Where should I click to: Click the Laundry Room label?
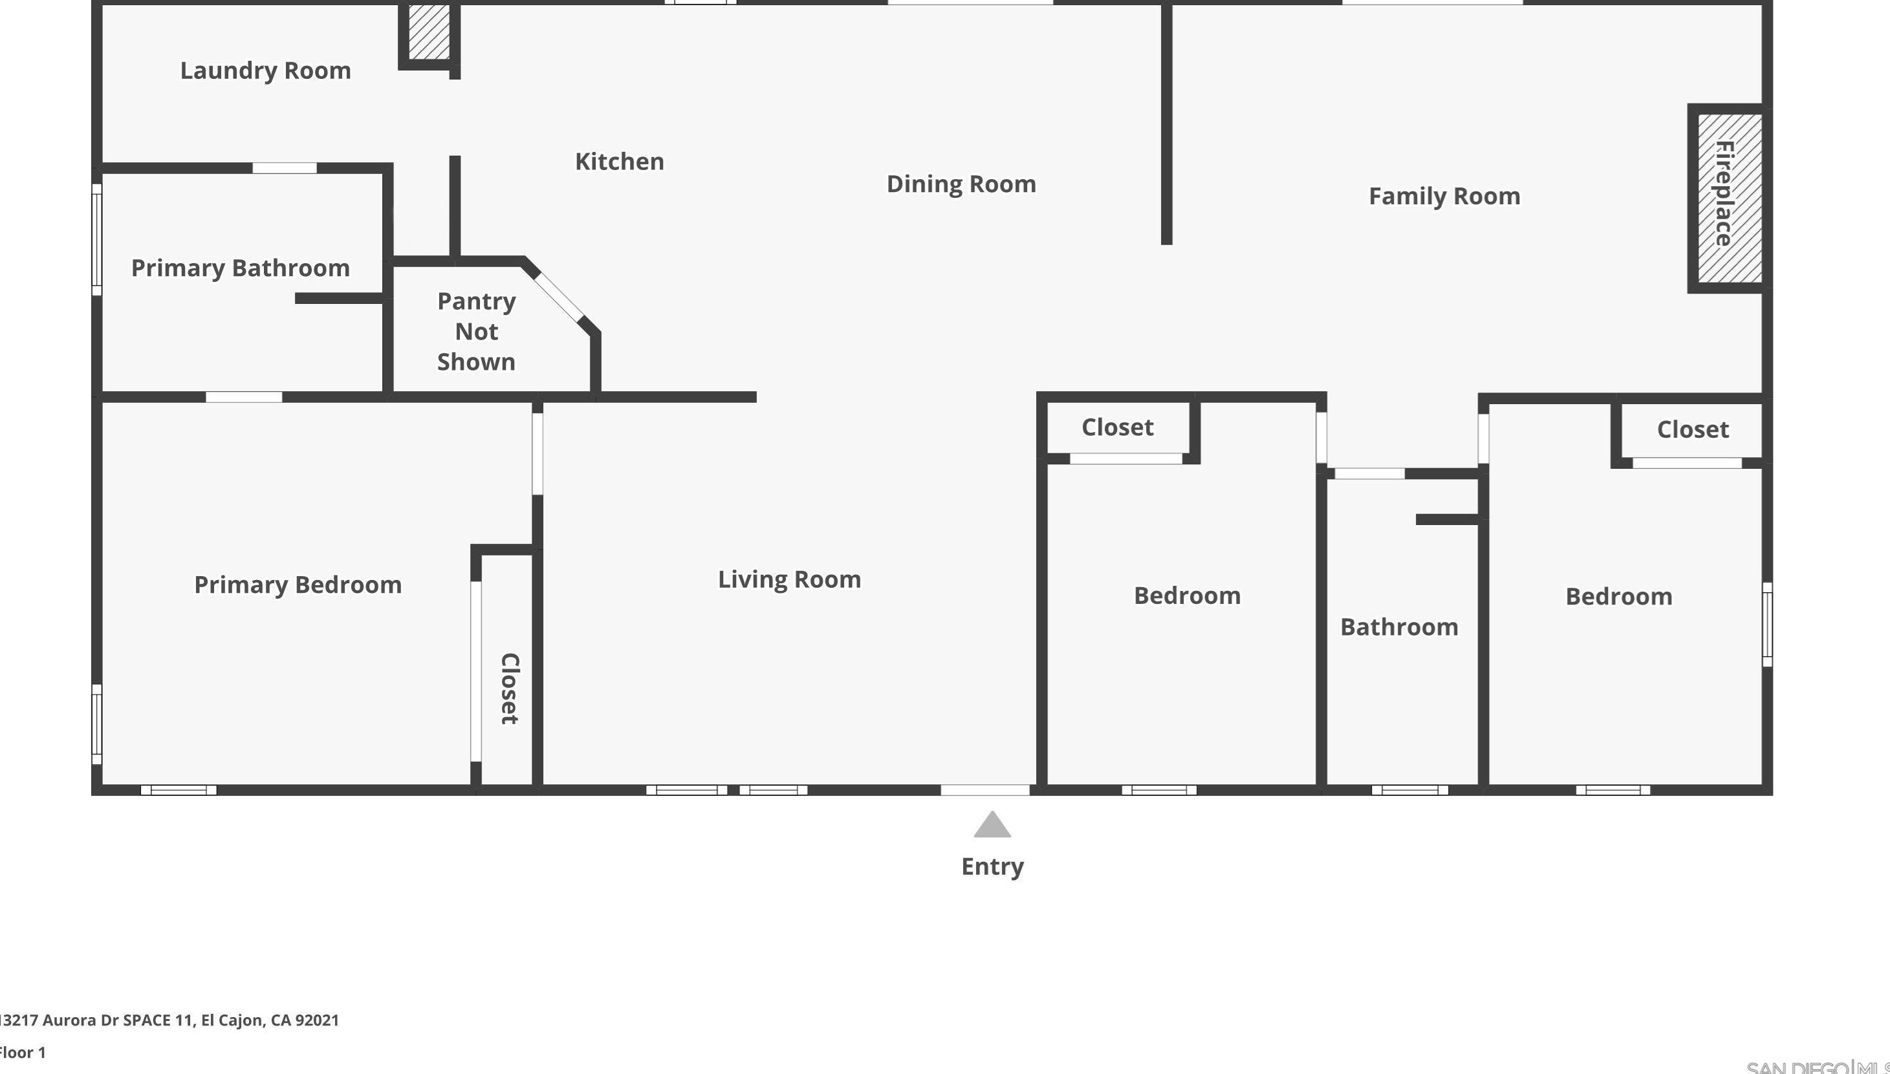pos(266,71)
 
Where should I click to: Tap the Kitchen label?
pos(619,162)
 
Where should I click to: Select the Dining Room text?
pos(961,184)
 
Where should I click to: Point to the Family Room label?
pos(1444,196)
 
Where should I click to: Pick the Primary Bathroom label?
pos(241,268)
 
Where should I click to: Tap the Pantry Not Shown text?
pos(476,331)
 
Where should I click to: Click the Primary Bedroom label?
pos(298,585)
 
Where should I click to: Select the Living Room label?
pos(789,579)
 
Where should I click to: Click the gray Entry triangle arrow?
pos(992,826)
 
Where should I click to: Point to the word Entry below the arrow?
pos(992,866)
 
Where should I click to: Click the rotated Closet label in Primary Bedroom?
pos(510,688)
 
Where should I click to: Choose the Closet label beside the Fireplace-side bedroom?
pos(1692,429)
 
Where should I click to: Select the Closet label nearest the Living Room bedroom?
pos(1117,427)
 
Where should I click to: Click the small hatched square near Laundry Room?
pos(429,32)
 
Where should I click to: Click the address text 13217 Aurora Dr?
pos(169,1020)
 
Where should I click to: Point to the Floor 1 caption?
pos(22,1053)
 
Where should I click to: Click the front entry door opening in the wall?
pos(985,790)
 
